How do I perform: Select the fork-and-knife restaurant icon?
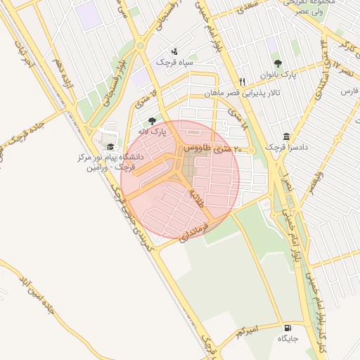243,81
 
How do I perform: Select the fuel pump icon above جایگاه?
287,328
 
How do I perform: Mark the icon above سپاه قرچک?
174,51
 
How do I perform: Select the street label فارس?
349,91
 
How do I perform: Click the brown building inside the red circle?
190,167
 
